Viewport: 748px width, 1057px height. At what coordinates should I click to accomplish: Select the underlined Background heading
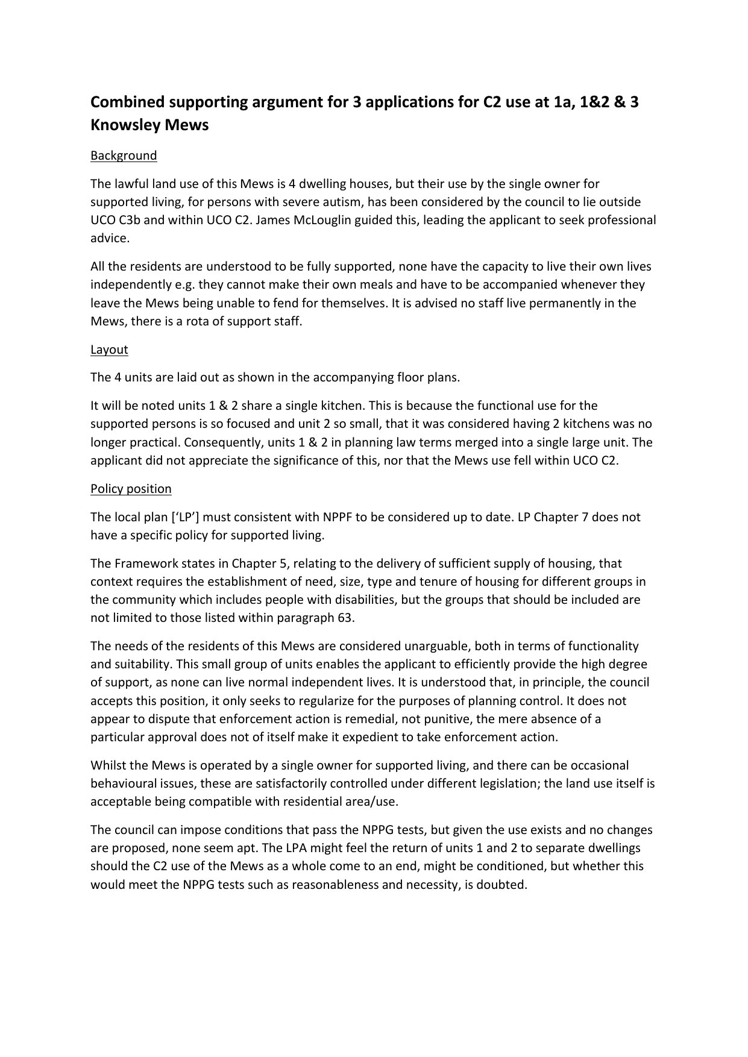pos(124,155)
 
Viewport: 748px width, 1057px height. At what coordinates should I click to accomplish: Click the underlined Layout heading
pos(109,350)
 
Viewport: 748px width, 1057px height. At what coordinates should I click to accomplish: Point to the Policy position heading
pos(131,489)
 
